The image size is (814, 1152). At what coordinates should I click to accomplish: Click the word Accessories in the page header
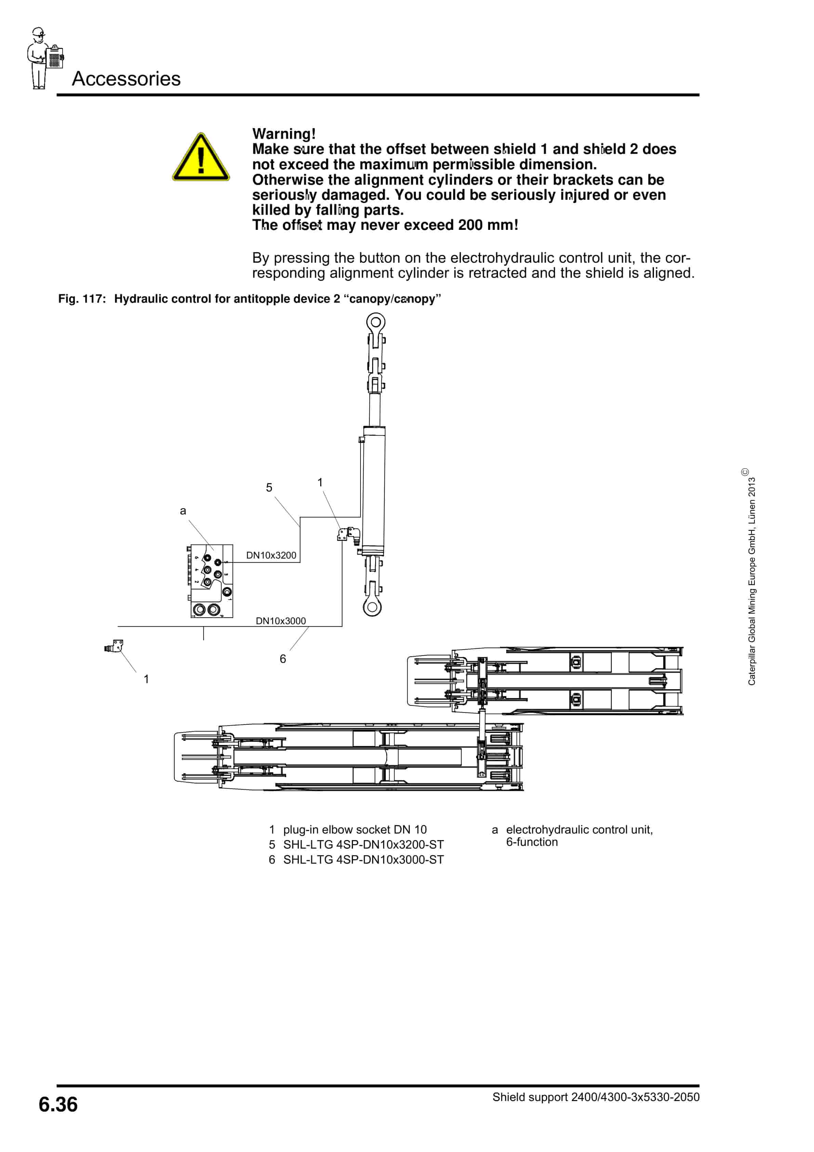(x=126, y=79)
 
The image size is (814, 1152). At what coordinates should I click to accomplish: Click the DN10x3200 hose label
(x=271, y=555)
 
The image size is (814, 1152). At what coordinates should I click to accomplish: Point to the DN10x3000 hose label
(x=280, y=621)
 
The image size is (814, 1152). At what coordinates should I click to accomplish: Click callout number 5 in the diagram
(x=269, y=488)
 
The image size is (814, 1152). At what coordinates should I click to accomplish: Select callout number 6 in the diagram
(x=283, y=659)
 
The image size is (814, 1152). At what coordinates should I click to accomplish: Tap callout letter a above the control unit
(x=183, y=511)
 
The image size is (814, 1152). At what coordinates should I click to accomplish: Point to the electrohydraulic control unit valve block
(x=211, y=580)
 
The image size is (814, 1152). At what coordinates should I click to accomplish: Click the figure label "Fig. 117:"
(x=82, y=299)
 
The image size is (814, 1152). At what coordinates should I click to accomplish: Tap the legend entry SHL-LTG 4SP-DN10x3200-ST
(x=363, y=845)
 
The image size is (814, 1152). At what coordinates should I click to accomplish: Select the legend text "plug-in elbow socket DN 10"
(x=354, y=829)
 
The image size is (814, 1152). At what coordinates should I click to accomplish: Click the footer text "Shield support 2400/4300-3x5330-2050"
(x=595, y=1097)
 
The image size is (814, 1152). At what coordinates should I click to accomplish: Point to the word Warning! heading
(x=284, y=134)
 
